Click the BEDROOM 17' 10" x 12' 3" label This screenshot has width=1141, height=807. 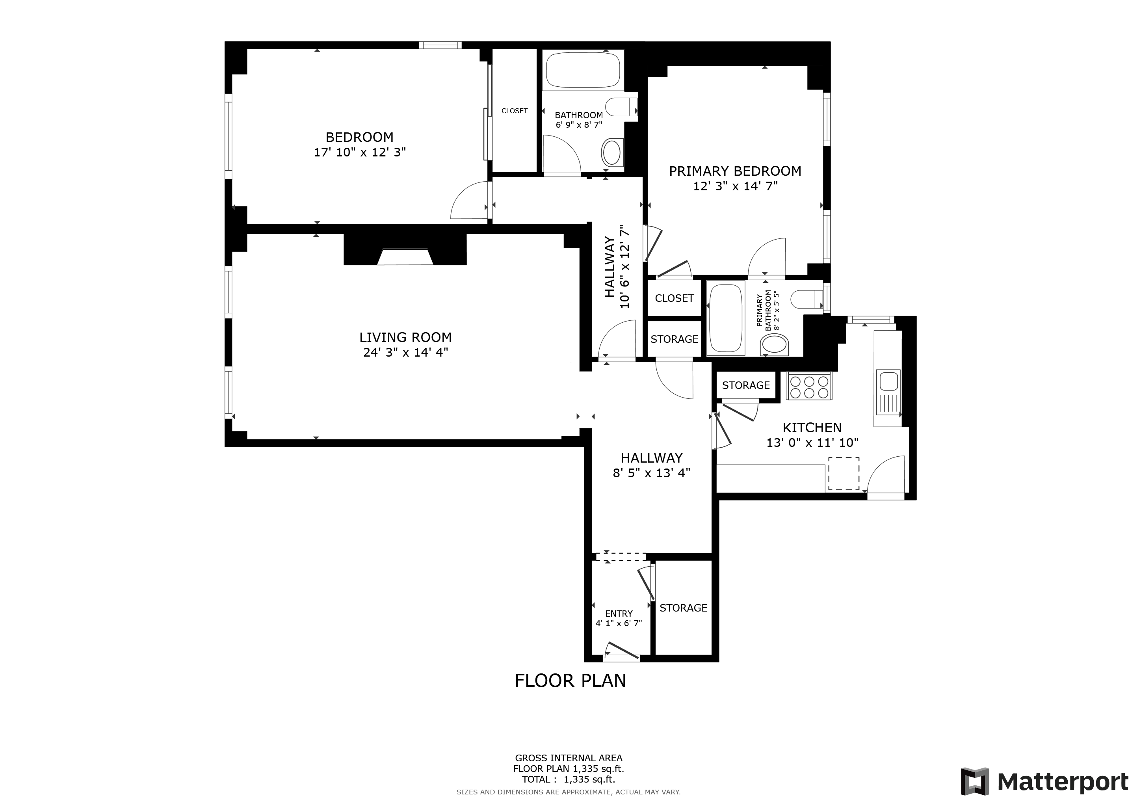coord(359,144)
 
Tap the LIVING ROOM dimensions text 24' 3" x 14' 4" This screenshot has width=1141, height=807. coord(405,352)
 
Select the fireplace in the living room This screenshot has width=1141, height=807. coord(405,257)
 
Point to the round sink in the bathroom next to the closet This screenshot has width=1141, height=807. coord(612,152)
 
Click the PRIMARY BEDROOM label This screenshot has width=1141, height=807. coord(734,171)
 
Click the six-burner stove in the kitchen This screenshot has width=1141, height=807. coord(808,387)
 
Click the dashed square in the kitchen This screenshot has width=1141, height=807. coord(843,474)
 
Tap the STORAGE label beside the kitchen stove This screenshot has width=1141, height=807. coord(745,385)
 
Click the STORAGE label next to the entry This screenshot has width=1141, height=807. coord(683,608)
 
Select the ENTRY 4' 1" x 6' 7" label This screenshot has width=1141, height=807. coord(619,618)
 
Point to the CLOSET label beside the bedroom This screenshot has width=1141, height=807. coord(514,111)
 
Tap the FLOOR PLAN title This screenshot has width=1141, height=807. coord(570,680)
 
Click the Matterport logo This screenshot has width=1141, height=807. coord(1044,782)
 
